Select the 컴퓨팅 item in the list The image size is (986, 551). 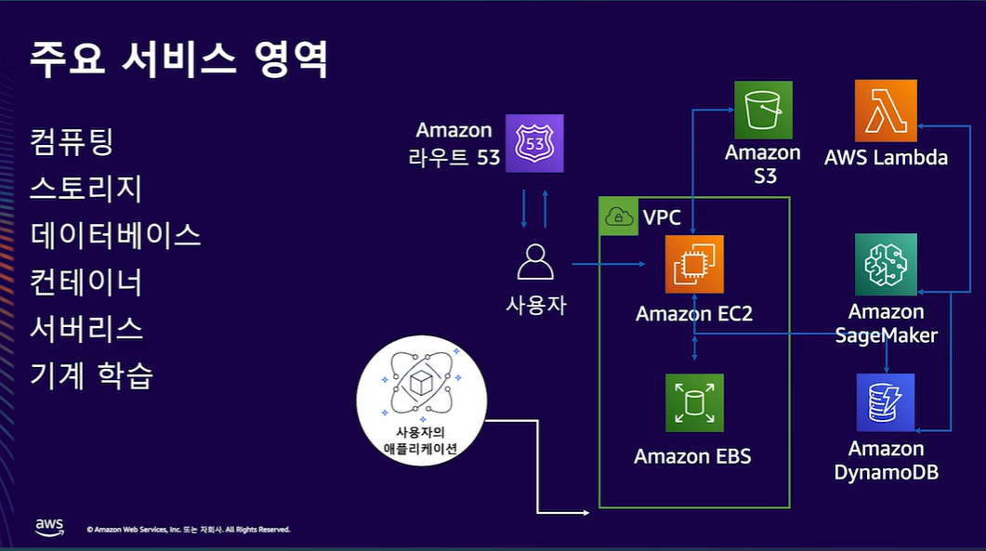72,142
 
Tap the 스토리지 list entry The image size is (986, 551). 85,189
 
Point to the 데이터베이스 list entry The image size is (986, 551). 115,235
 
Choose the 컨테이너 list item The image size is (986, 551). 85,282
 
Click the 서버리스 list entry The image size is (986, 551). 85,328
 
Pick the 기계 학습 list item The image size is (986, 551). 91,375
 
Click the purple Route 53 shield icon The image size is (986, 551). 534,144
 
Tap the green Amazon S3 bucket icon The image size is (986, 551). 763,111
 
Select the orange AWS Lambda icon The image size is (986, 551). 886,111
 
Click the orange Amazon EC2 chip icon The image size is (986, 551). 694,265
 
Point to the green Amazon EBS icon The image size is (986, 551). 694,403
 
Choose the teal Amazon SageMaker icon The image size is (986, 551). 886,264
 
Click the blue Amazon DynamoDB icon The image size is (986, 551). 886,403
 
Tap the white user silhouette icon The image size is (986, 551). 534,262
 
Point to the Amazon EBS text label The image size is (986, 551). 692,456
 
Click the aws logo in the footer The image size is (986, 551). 49,527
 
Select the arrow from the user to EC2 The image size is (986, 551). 608,265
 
